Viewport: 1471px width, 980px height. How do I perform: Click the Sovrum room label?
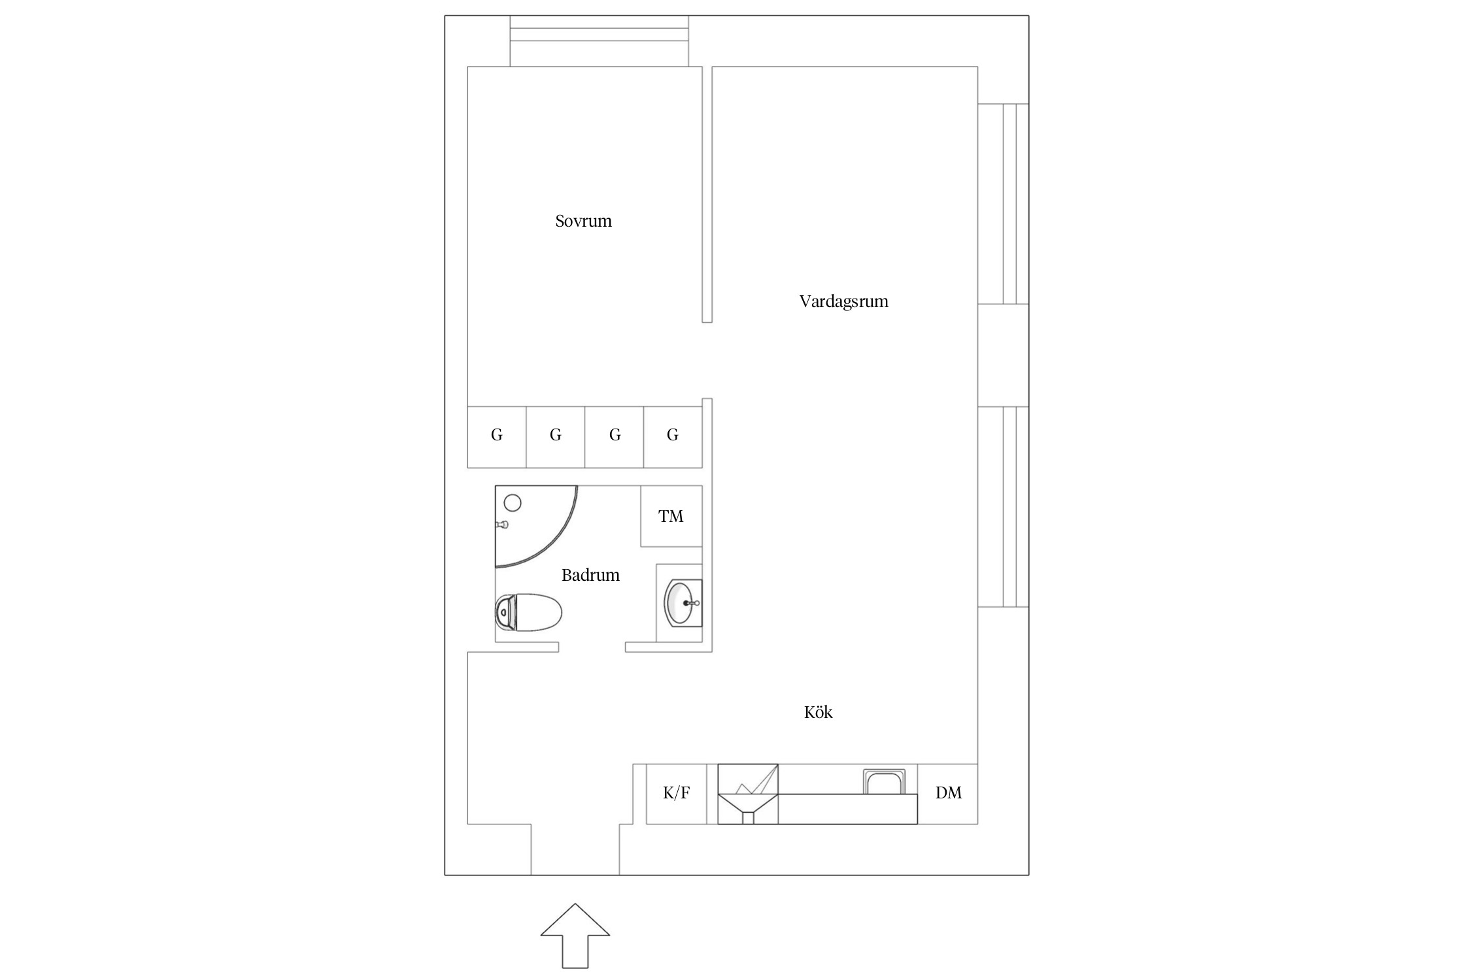pyautogui.click(x=583, y=221)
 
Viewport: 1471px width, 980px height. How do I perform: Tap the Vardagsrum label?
pyautogui.click(x=843, y=301)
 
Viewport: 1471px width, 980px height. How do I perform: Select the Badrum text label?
pyautogui.click(x=590, y=575)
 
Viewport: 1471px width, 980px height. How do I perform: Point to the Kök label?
pyautogui.click(x=818, y=711)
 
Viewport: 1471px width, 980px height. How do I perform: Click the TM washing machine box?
pyautogui.click(x=671, y=516)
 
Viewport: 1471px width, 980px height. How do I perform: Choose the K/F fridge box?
pyautogui.click(x=676, y=794)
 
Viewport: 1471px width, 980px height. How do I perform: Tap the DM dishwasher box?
pyautogui.click(x=948, y=794)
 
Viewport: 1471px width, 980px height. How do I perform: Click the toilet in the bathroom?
pyautogui.click(x=529, y=612)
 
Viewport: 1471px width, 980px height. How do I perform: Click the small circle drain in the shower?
pyautogui.click(x=513, y=503)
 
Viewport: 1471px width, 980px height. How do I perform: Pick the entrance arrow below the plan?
pyautogui.click(x=575, y=937)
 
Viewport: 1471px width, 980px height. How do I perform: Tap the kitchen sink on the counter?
pyautogui.click(x=885, y=782)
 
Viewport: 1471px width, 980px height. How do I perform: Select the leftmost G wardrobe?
pyautogui.click(x=497, y=437)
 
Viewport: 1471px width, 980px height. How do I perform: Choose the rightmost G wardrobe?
pyautogui.click(x=673, y=437)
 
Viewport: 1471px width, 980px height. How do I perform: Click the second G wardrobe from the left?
pyautogui.click(x=556, y=437)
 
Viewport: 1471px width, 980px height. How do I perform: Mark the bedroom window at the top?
pyautogui.click(x=599, y=41)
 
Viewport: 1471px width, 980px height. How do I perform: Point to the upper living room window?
pyautogui.click(x=1004, y=204)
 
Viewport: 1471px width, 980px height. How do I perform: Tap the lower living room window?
pyautogui.click(x=1004, y=506)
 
